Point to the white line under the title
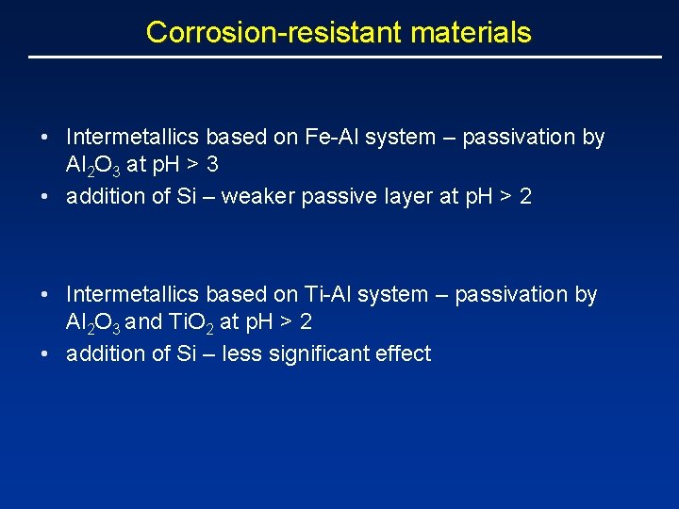(345, 57)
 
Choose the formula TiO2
(190, 322)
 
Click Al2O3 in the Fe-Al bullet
(92, 166)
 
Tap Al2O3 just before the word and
(92, 322)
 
